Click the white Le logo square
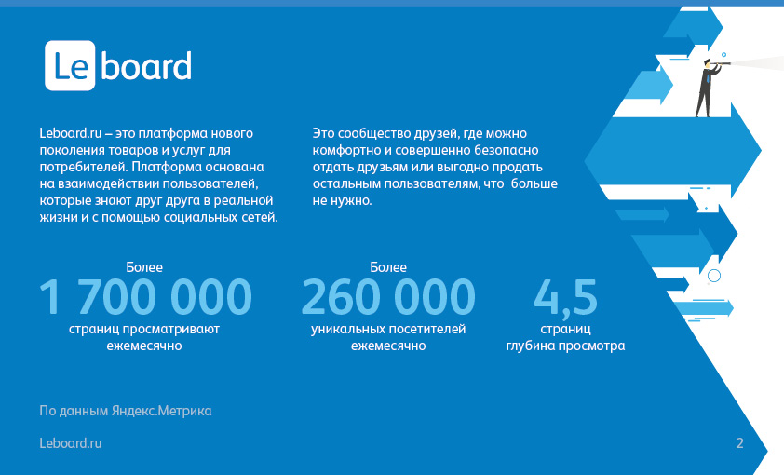click(70, 65)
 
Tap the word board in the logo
click(146, 65)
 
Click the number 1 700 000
click(145, 297)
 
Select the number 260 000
click(388, 297)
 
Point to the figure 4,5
click(565, 298)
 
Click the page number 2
click(740, 443)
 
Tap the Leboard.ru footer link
click(71, 443)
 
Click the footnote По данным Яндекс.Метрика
click(126, 411)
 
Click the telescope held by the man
click(721, 63)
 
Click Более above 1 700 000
click(144, 267)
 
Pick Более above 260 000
click(388, 267)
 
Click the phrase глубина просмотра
click(565, 346)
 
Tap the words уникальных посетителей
click(388, 329)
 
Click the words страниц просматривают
click(144, 329)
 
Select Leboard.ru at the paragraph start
click(71, 133)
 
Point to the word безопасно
click(506, 150)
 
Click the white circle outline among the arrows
click(714, 276)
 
